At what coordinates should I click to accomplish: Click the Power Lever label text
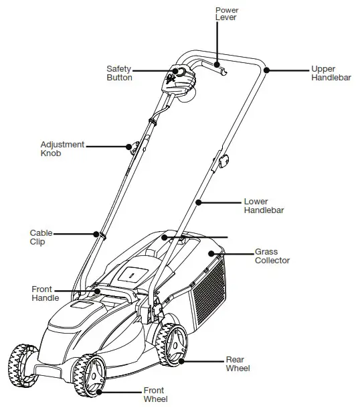pos(226,15)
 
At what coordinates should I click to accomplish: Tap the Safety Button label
pos(119,73)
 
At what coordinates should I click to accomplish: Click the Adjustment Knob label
pos(62,149)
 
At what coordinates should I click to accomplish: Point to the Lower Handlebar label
pos(264,205)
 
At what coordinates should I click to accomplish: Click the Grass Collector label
pos(272,256)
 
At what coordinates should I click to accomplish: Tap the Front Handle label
pos(46,293)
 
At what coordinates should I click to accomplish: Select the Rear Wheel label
pos(238,364)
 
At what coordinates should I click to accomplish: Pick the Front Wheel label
pos(155,395)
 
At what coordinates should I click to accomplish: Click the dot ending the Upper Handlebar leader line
pos(266,69)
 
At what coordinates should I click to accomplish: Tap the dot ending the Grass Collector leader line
pos(212,253)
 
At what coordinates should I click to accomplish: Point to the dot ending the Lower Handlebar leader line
pos(198,201)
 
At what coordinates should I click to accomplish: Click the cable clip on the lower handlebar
pos(98,234)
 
